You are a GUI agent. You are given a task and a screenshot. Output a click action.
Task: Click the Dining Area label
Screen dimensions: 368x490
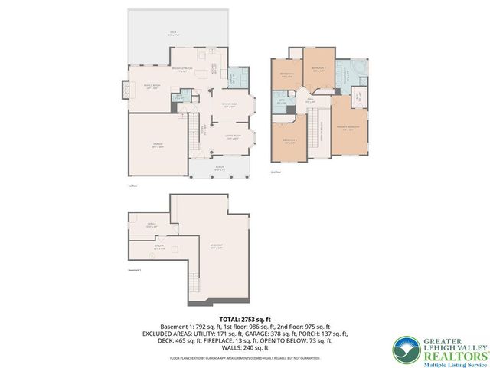229,106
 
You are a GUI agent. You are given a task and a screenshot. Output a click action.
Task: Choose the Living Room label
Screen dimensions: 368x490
234,138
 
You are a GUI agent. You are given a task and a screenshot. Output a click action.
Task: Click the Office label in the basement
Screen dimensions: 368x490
151,225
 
